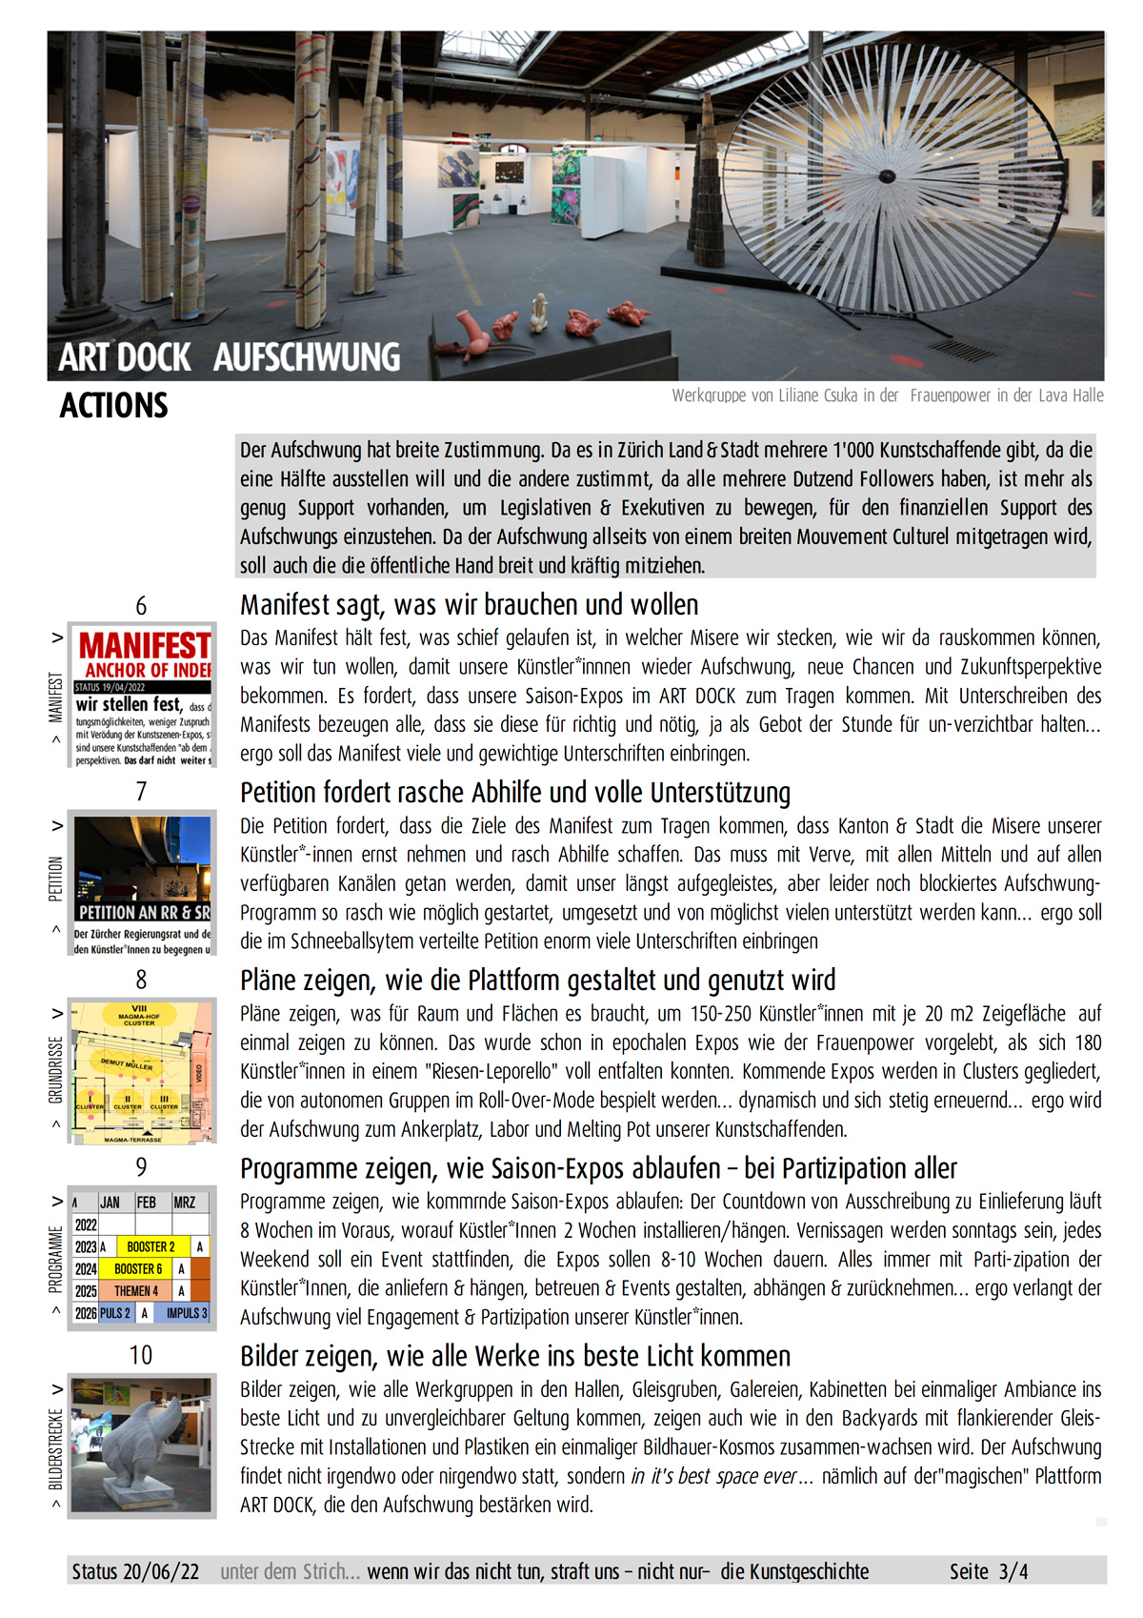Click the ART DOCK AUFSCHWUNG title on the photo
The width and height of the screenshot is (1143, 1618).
[x=229, y=357]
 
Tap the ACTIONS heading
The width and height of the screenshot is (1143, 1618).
[x=113, y=406]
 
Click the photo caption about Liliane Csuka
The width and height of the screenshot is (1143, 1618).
[x=887, y=395]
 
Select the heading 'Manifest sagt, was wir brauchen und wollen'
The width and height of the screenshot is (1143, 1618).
[x=469, y=605]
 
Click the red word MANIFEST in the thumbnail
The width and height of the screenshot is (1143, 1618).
[x=144, y=645]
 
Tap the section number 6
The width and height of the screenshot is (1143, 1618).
[x=141, y=606]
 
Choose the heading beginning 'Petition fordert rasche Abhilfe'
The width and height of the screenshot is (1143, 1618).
[x=515, y=793]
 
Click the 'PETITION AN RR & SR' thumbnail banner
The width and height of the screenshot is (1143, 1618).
[x=143, y=912]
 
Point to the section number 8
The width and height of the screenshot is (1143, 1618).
[x=141, y=980]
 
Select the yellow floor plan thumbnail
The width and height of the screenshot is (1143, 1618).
[x=142, y=1071]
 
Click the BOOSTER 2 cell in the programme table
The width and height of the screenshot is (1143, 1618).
[x=150, y=1246]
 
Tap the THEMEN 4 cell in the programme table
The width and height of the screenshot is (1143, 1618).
[x=136, y=1291]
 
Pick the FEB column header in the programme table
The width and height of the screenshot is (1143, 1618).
[x=146, y=1203]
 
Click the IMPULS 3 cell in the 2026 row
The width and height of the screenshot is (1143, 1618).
[x=186, y=1313]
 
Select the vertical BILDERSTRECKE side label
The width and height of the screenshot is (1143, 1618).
[x=55, y=1448]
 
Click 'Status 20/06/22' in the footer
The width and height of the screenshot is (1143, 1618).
[x=135, y=1571]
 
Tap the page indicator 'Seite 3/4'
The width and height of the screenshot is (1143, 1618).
[x=988, y=1571]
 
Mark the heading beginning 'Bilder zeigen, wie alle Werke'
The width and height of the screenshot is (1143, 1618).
[x=515, y=1356]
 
